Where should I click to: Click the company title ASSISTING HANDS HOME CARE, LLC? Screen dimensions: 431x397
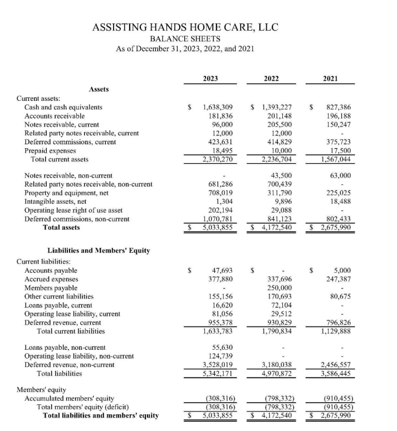pos(185,27)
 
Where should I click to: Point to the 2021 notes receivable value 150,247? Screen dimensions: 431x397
pos(339,125)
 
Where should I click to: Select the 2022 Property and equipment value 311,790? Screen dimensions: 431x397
pos(280,193)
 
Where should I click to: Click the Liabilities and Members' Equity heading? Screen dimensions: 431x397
pos(99,250)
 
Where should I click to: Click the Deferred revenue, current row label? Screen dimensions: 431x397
pos(63,322)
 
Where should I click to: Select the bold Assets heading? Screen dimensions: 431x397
pos(98,89)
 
